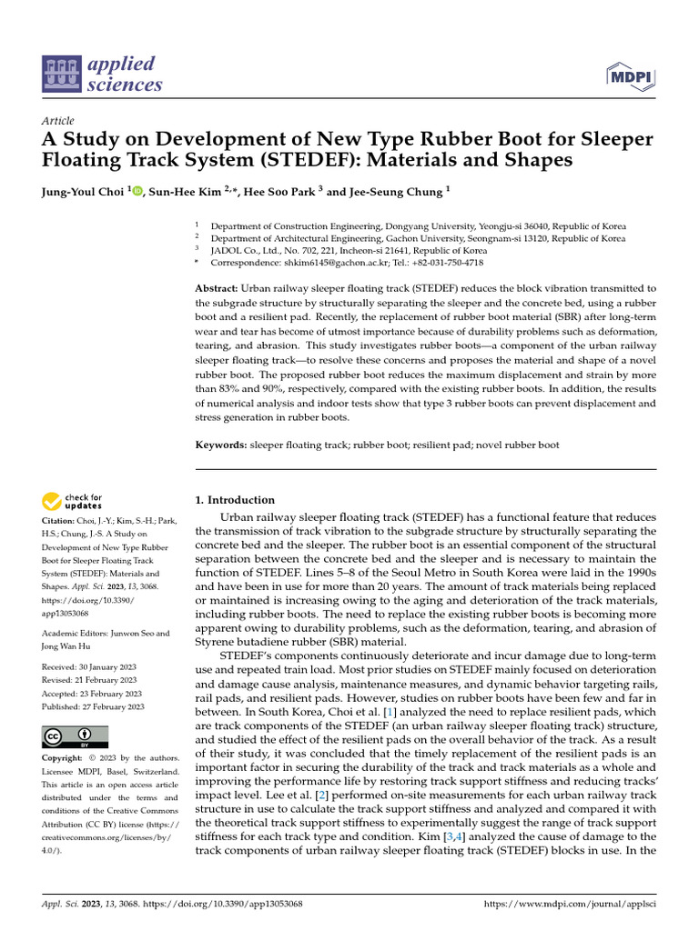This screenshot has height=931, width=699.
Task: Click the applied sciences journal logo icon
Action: [x=61, y=75]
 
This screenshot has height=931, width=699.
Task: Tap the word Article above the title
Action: [x=58, y=121]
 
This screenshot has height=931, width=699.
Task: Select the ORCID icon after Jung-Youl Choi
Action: [x=138, y=192]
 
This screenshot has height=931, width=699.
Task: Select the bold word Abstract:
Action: [x=218, y=288]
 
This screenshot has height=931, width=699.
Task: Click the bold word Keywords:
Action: [x=221, y=445]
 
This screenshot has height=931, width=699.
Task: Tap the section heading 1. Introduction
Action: [x=235, y=500]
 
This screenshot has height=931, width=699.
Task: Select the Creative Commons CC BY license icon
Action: [x=75, y=736]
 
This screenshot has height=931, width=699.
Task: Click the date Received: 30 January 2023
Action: [x=88, y=666]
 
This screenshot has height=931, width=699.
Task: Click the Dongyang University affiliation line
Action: [x=418, y=225]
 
